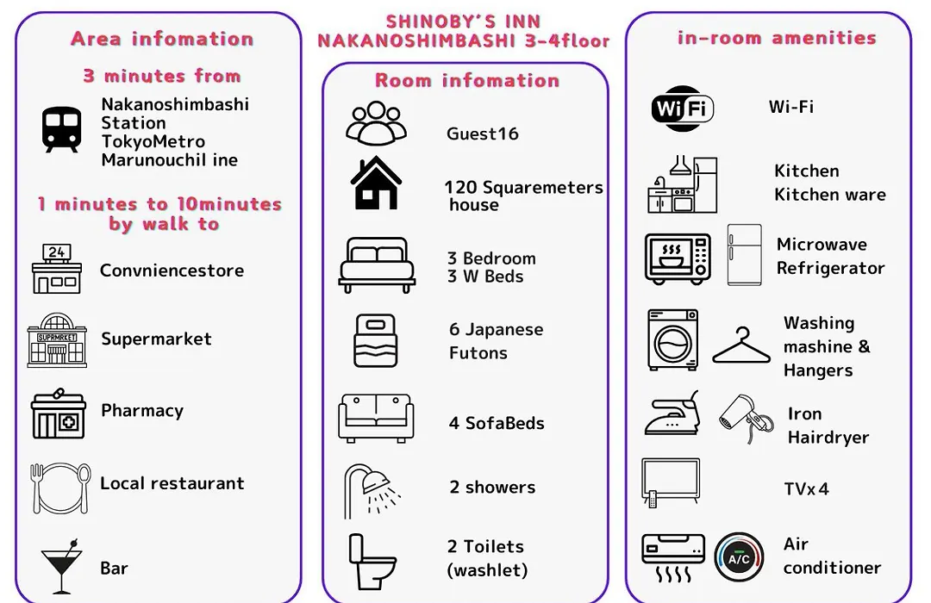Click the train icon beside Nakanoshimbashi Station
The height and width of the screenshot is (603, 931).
click(62, 129)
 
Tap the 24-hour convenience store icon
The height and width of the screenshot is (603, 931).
click(56, 269)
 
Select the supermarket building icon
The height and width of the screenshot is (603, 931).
click(57, 340)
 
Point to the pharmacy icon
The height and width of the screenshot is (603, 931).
click(59, 413)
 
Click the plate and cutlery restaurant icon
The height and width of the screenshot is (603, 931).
click(60, 488)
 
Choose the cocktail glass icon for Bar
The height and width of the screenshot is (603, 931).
click(61, 566)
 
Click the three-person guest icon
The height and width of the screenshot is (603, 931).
click(376, 123)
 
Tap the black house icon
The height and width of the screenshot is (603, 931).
click(376, 183)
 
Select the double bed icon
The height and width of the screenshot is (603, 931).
click(377, 264)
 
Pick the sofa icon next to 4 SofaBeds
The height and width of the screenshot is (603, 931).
click(376, 419)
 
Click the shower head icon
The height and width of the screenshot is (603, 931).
click(371, 491)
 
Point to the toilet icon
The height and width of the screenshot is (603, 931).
click(372, 562)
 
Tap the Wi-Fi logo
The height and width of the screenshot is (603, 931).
click(682, 108)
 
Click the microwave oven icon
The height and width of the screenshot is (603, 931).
click(678, 258)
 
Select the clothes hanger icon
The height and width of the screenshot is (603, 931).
click(741, 345)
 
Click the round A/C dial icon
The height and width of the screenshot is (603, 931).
click(740, 557)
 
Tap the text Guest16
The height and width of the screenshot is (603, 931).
click(482, 134)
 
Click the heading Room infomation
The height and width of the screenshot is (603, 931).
click(467, 80)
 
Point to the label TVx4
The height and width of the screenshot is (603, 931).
click(806, 489)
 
